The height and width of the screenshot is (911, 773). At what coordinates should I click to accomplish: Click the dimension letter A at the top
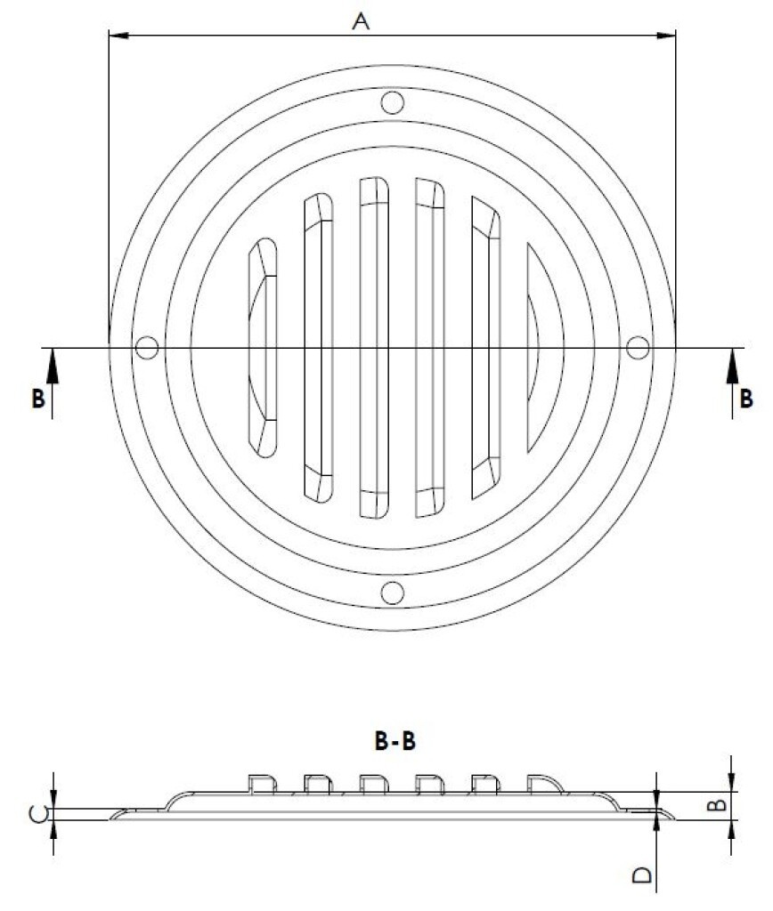click(360, 21)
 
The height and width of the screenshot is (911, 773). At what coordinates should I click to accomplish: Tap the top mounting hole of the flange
click(391, 101)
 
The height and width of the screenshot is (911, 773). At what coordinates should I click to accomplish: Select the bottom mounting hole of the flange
click(391, 592)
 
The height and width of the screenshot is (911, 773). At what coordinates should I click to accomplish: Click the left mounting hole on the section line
click(147, 347)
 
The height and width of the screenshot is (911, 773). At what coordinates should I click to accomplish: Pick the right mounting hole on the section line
click(637, 347)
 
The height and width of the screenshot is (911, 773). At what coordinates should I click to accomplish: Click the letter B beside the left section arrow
click(37, 399)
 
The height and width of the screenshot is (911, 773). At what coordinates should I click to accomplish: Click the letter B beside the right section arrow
click(746, 399)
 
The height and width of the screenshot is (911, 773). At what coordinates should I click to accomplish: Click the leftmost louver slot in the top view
click(262, 347)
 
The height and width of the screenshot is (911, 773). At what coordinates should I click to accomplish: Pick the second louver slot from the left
click(318, 347)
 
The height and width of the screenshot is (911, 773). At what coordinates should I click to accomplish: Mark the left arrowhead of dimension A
click(116, 36)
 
